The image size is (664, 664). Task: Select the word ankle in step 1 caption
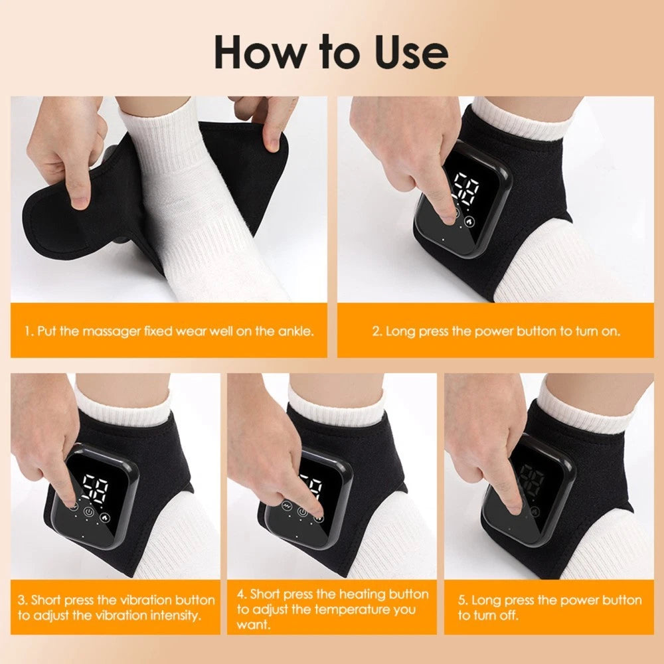pyautogui.click(x=293, y=331)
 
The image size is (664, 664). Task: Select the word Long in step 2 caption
pyautogui.click(x=399, y=331)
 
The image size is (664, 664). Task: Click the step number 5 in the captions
pyautogui.click(x=462, y=600)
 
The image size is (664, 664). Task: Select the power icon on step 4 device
pyautogui.click(x=303, y=511)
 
